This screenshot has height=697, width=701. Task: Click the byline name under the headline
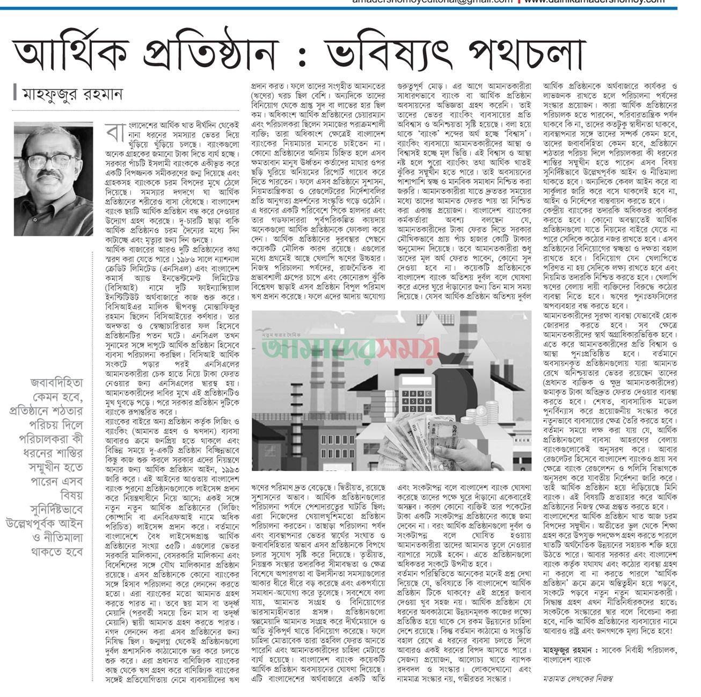pos(72,95)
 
